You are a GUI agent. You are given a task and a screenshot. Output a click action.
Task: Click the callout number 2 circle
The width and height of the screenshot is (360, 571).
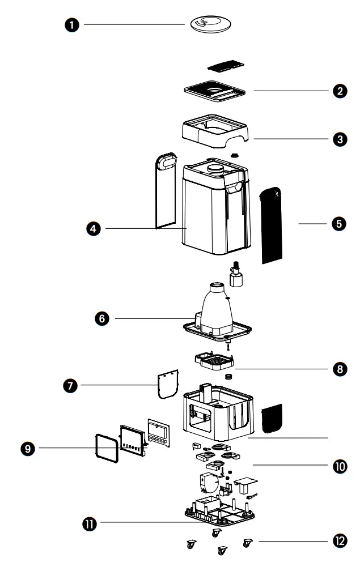coord(340,91)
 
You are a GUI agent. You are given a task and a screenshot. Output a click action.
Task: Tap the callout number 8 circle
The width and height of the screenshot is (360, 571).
coord(340,368)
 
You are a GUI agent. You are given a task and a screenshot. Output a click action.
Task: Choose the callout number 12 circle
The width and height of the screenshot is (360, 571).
coord(340,541)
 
